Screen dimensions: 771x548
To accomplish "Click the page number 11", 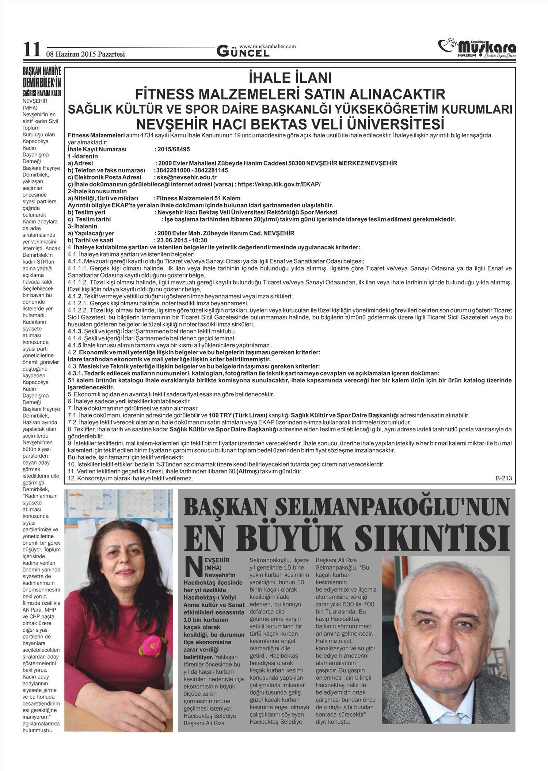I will point(31,50).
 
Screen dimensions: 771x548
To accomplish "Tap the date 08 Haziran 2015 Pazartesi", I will point(85,54).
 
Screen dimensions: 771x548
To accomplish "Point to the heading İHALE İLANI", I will point(290,79).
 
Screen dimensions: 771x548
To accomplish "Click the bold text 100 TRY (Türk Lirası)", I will point(238,415).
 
